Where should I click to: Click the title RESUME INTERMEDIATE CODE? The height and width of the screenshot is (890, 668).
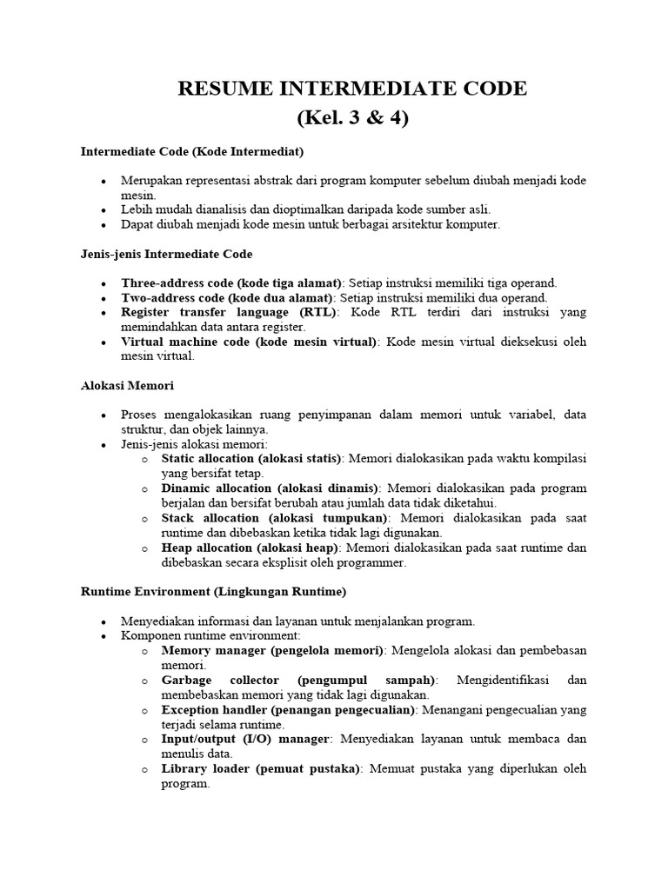pyautogui.click(x=352, y=89)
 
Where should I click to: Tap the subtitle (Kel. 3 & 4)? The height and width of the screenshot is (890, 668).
pyautogui.click(x=352, y=117)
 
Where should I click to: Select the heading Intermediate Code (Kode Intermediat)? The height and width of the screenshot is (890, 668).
pyautogui.click(x=192, y=151)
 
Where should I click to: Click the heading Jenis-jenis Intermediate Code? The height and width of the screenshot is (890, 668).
pyautogui.click(x=167, y=254)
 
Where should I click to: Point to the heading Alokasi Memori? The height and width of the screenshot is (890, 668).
pyautogui.click(x=128, y=385)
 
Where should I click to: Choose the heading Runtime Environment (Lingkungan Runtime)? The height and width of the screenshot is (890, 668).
pyautogui.click(x=214, y=592)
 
